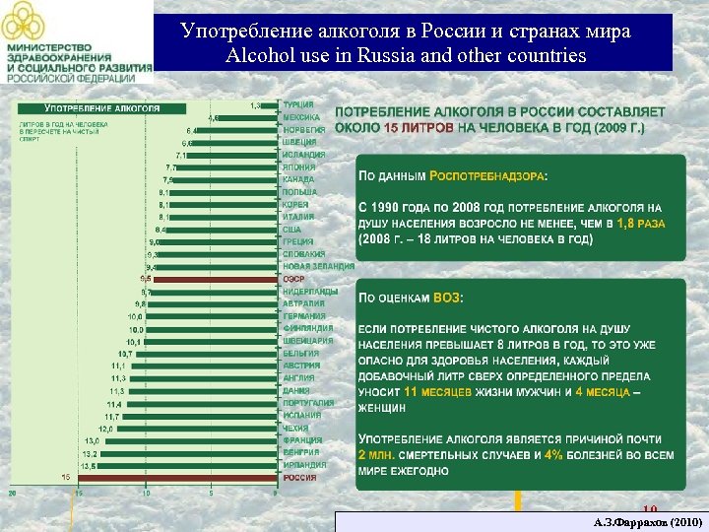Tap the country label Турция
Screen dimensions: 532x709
(x=298, y=103)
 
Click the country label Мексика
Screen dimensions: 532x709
(x=301, y=116)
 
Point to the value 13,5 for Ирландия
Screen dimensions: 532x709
(x=88, y=465)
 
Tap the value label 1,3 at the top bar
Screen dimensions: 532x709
(x=256, y=104)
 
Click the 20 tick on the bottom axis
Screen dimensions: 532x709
(x=13, y=492)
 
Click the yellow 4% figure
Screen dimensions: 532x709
(x=553, y=455)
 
